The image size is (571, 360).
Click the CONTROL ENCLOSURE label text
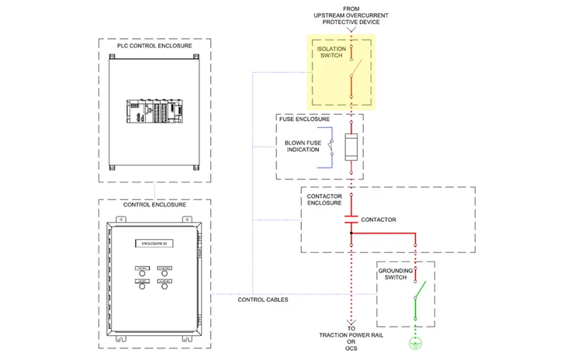click(154, 205)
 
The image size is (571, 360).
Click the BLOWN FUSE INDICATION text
click(302, 146)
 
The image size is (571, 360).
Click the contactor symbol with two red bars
click(351, 219)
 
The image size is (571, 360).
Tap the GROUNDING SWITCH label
click(396, 274)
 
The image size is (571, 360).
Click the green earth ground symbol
click(416, 342)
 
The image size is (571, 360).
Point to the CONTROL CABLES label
click(263, 299)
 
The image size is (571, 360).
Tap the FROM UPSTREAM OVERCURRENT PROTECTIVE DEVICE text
click(351, 16)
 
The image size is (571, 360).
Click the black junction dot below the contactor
click(351, 232)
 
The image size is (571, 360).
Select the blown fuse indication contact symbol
click(331, 147)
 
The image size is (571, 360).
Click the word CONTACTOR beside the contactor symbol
click(379, 220)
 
